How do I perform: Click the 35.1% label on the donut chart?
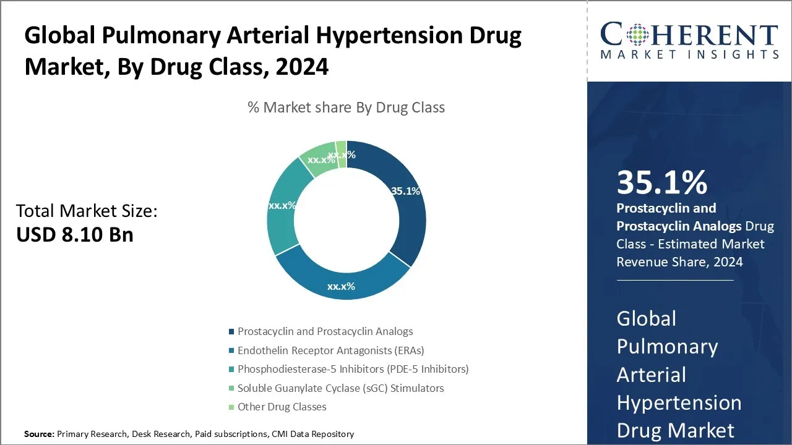405,191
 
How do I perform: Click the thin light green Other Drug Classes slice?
341,155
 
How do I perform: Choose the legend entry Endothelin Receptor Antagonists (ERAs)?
326,350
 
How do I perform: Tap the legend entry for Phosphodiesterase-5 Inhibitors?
348,369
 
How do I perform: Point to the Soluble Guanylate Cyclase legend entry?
336,388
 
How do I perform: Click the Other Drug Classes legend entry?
278,407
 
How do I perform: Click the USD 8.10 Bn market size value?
75,234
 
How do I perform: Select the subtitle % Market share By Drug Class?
346,108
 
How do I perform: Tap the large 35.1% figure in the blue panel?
662,182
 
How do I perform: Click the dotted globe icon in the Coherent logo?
637,35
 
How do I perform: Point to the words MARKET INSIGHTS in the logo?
689,54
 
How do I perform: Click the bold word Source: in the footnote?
39,434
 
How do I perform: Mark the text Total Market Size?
87,211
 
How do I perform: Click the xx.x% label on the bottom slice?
341,286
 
